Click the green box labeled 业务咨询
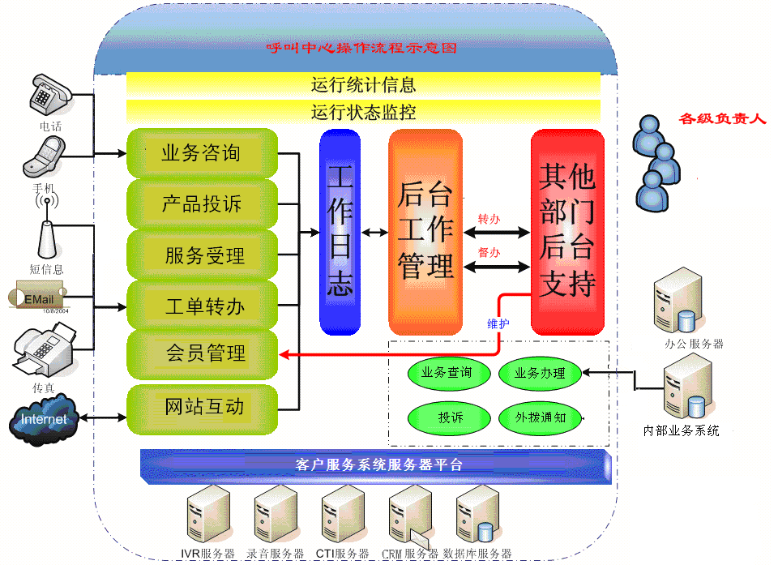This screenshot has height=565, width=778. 203,152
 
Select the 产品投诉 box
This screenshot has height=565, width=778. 203,203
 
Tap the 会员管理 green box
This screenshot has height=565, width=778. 203,353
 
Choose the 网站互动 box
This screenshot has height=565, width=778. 203,406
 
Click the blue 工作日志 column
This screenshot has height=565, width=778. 340,232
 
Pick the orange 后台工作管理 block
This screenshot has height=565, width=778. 425,232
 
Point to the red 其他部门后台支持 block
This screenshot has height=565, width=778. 567,232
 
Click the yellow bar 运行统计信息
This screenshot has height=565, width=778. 363,84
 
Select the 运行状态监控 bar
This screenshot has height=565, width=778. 363,111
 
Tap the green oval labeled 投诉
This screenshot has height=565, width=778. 451,417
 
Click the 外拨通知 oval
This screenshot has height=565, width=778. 541,417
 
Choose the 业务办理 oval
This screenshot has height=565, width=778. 541,374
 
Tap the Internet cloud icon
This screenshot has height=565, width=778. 45,420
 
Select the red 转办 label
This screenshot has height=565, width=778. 489,219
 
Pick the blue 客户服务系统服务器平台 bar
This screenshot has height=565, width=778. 376,465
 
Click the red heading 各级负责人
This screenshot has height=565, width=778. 723,119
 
